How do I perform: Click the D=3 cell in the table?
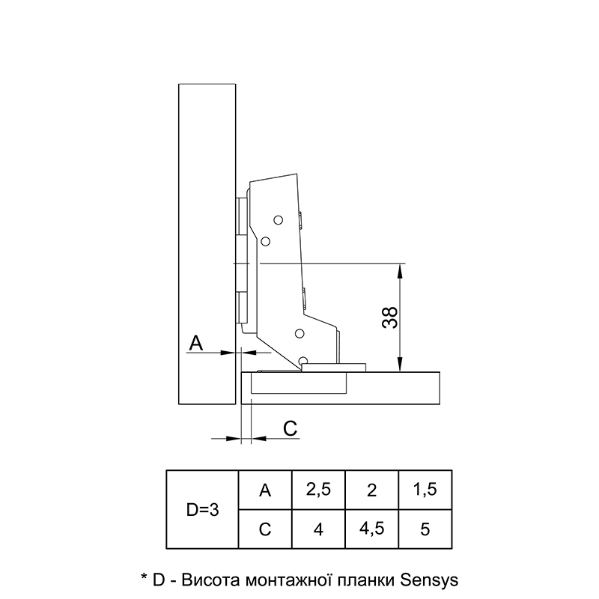pos(202,510)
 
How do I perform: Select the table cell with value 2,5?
pos(318,490)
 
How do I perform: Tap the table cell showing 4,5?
pos(371,529)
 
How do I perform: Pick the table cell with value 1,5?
pos(425,490)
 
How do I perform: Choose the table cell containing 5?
pos(425,529)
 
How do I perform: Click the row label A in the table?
pos(265,490)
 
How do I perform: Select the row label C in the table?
pos(265,529)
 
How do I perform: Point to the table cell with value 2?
pos(371,490)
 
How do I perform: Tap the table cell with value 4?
pos(318,529)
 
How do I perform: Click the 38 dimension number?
pos(389,317)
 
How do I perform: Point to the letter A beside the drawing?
pos(196,343)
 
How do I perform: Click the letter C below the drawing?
pos(291,428)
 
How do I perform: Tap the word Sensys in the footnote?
pos(429,580)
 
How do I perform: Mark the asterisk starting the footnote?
pos(144,576)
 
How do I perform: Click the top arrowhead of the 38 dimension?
pos(400,270)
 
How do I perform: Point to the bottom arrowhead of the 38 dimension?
pos(400,364)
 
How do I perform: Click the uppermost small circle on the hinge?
pos(278,220)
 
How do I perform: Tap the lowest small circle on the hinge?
pos(303,360)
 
